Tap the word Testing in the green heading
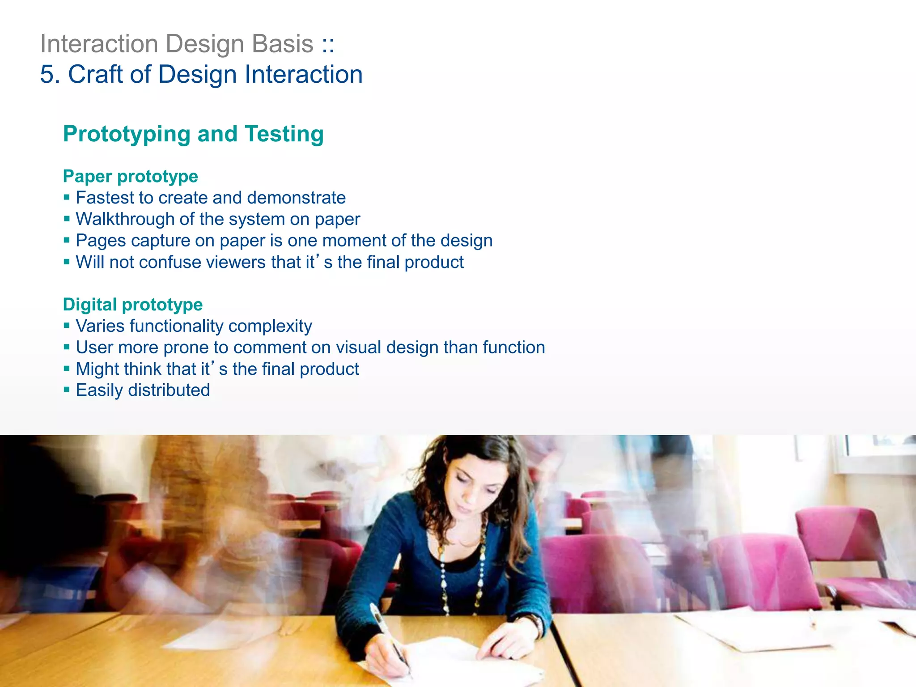point(284,134)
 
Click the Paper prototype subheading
point(130,176)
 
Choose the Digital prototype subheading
point(133,305)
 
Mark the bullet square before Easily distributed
point(67,390)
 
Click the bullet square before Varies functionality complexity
point(67,326)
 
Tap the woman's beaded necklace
point(481,572)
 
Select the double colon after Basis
point(328,44)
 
